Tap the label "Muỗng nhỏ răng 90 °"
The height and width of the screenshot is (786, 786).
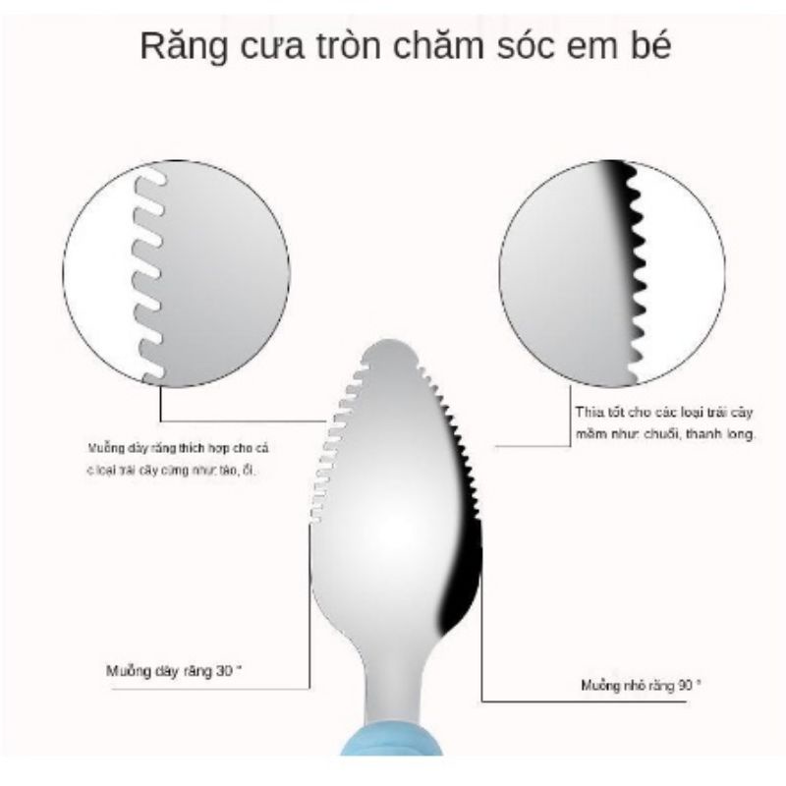tap(640, 687)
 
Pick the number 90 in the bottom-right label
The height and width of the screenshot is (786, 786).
tap(685, 687)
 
